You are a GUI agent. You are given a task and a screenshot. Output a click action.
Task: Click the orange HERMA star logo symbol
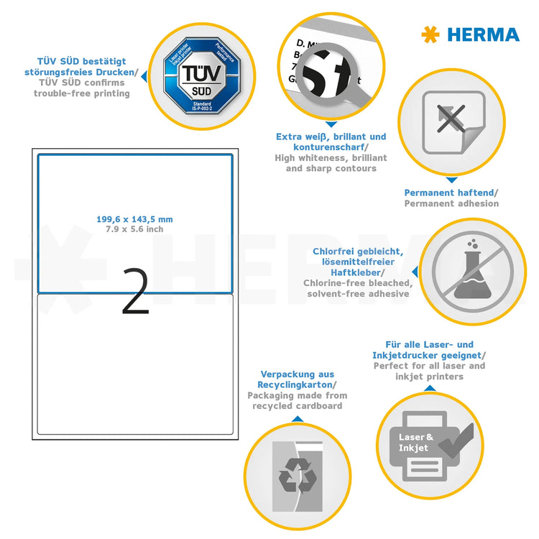coord(430,34)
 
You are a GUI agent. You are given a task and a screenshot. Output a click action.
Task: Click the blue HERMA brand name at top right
coord(483,34)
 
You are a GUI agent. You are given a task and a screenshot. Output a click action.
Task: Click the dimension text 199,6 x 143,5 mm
coord(134,219)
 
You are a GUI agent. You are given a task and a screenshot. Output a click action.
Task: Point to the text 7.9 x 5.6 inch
coord(134,229)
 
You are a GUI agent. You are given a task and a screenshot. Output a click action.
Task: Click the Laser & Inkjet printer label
coord(416,442)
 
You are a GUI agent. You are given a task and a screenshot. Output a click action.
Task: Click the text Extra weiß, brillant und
coord(331,137)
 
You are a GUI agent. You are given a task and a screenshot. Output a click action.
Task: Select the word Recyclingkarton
coord(297,385)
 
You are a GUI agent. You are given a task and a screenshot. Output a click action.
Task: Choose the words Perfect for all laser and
coord(429,366)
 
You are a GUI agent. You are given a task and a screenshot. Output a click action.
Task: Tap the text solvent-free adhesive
coord(358,294)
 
